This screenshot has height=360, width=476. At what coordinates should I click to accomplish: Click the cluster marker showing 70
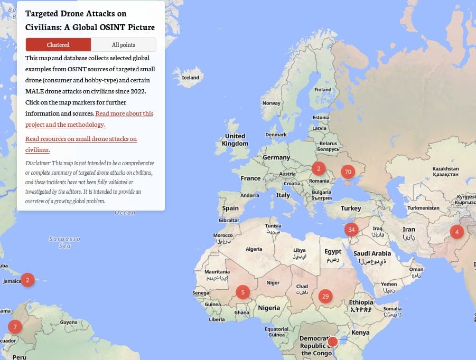click(348, 172)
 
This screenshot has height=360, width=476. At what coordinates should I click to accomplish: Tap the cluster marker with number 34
click(351, 230)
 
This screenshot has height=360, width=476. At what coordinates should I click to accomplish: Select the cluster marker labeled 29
click(325, 296)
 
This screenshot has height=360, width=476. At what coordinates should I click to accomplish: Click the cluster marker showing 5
click(242, 291)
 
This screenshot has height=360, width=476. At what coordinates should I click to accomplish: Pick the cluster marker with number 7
click(15, 327)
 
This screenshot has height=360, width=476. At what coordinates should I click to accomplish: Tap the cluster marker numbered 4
click(456, 231)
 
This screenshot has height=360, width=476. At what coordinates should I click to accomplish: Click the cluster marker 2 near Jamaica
click(27, 280)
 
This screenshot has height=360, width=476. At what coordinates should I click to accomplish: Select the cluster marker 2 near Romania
click(319, 169)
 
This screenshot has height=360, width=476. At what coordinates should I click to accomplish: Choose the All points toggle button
click(123, 45)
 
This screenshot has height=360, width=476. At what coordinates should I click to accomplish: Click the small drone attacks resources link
click(81, 144)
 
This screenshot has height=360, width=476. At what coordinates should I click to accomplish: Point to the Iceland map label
click(190, 78)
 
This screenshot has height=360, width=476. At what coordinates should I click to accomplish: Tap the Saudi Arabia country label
click(372, 253)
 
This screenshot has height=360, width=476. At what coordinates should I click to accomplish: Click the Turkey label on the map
click(351, 209)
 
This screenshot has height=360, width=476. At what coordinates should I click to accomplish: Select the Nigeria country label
click(269, 308)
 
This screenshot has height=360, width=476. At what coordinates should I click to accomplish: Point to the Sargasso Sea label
click(64, 242)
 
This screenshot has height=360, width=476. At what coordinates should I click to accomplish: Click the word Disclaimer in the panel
click(37, 163)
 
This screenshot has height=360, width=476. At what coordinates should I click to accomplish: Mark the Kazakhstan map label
click(445, 169)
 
